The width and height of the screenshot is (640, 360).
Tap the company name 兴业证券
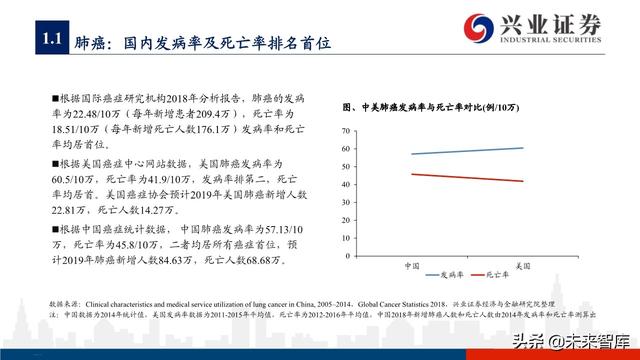pyautogui.click(x=555, y=19)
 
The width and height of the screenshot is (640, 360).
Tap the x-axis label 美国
pyautogui.click(x=521, y=265)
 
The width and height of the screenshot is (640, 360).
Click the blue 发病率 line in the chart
pyautogui.click(x=466, y=151)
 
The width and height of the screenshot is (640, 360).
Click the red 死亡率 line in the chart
pyautogui.click(x=466, y=177)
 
